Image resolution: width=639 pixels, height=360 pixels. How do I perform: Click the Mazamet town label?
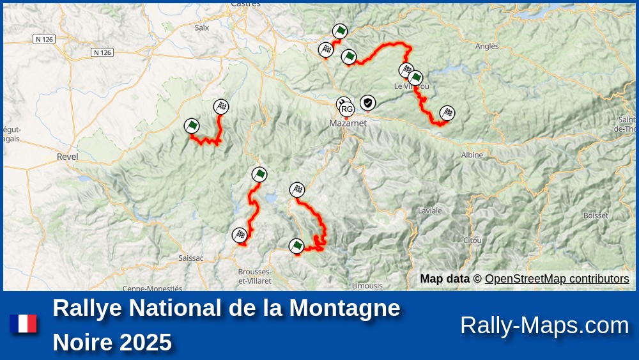348,123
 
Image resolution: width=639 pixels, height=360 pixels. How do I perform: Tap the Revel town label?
67,156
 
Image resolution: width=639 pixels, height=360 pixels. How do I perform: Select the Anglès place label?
487,46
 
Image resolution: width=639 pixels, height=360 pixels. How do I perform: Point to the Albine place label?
472,155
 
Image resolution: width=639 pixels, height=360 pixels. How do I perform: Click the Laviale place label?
429,210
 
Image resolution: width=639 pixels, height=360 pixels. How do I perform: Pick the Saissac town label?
191,258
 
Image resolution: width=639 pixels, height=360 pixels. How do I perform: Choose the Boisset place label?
596,215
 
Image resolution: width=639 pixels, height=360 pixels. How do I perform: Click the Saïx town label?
202,27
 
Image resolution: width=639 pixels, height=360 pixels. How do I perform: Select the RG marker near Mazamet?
347,109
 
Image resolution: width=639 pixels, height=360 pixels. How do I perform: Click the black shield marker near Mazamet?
367,102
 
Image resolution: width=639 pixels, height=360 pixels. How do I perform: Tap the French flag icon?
23,324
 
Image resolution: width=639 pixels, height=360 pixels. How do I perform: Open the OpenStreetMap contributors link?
557,279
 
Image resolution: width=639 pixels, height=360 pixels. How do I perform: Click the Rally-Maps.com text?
544,325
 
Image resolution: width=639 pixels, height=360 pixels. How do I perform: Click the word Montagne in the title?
344,308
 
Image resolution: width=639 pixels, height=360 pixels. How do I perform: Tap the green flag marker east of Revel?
191,126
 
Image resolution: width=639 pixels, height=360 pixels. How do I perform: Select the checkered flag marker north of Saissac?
240,235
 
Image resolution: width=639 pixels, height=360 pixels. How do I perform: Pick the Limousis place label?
367,286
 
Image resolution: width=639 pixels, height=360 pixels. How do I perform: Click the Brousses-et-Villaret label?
255,276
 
